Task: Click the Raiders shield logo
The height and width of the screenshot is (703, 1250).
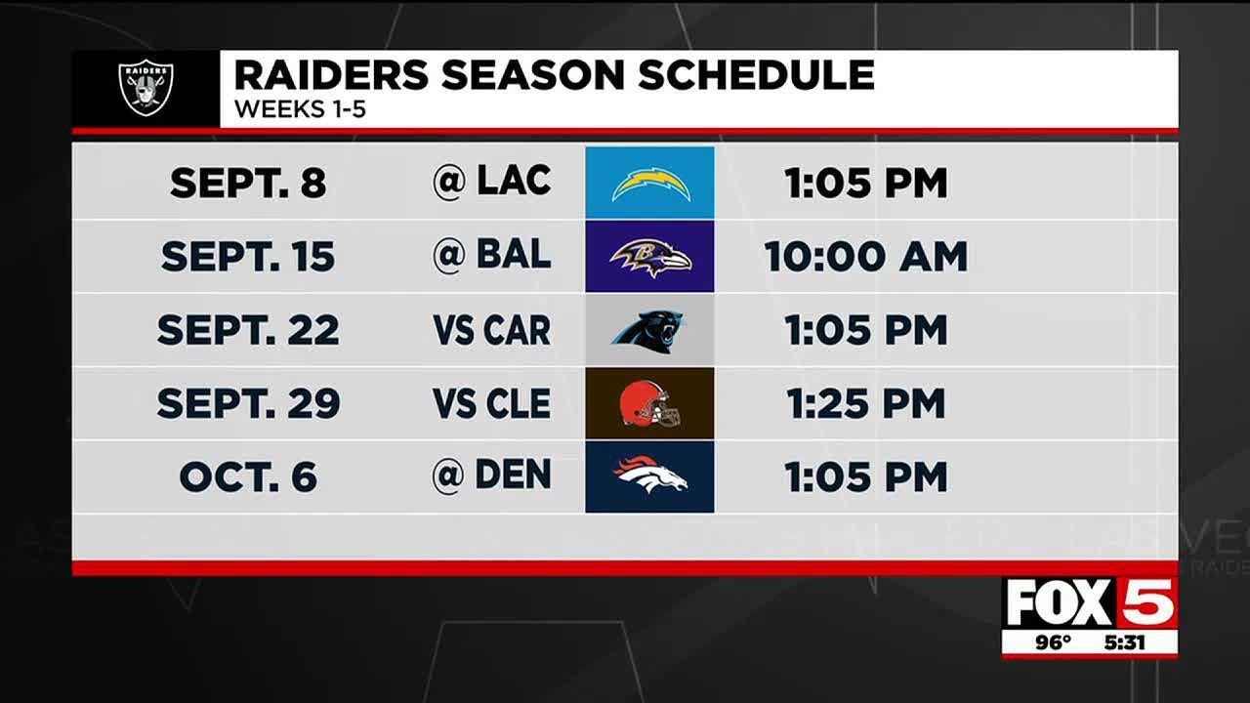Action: tap(146, 87)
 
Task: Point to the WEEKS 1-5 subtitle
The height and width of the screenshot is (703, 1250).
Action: tap(300, 109)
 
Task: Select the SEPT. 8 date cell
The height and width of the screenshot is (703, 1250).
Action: tap(248, 183)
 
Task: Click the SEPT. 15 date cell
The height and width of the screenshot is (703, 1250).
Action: tap(248, 256)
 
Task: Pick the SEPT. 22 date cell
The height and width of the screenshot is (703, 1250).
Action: tap(248, 330)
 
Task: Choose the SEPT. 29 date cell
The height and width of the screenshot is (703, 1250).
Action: tap(248, 403)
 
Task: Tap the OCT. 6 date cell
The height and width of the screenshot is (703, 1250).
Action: tap(248, 476)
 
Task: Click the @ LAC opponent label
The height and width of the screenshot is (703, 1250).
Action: tap(491, 182)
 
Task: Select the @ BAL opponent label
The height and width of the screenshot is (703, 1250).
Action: tap(491, 255)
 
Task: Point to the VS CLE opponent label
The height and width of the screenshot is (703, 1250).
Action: tap(491, 403)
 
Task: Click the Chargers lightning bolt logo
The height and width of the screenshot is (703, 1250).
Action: tap(650, 184)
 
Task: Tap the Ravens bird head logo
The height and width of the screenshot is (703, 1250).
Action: tap(650, 257)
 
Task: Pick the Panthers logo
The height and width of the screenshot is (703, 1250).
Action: tap(648, 330)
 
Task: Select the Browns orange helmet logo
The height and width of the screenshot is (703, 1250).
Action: tap(649, 404)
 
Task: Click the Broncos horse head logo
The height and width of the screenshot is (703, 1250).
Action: tap(650, 476)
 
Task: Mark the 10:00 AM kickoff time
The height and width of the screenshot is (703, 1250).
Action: tap(865, 256)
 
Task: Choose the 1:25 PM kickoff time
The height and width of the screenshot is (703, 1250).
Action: tap(865, 403)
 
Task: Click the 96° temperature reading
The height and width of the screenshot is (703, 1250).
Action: tap(1053, 642)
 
